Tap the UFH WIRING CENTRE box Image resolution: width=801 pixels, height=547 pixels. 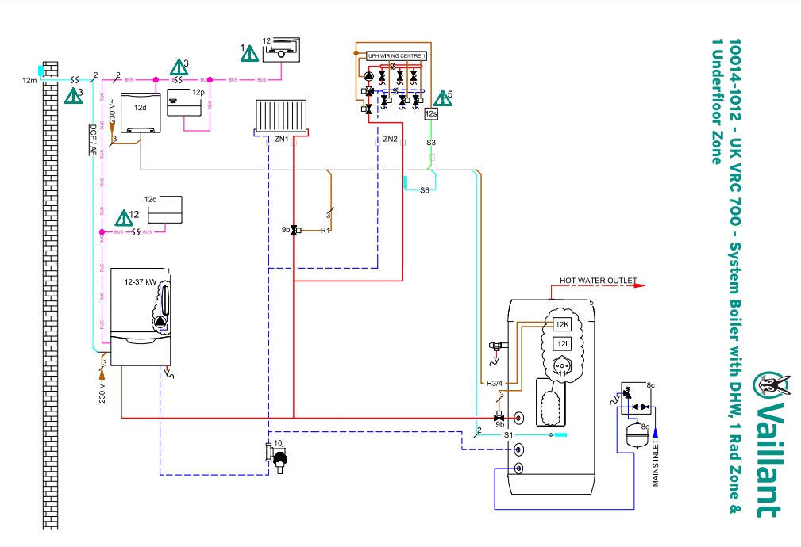397,56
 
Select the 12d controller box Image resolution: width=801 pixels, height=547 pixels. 140,113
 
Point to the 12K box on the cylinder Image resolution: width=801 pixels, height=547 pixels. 562,324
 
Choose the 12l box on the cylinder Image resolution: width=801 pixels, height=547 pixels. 562,343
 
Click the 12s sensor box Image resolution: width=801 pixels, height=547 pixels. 431,114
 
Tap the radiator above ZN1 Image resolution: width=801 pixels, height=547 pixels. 281,115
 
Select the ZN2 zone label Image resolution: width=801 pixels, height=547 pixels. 390,140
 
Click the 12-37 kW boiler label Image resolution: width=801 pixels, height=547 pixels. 139,281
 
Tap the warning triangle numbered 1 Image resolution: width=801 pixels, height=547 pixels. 249,54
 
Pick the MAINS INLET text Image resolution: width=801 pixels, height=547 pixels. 657,464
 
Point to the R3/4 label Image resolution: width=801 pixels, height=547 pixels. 496,384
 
